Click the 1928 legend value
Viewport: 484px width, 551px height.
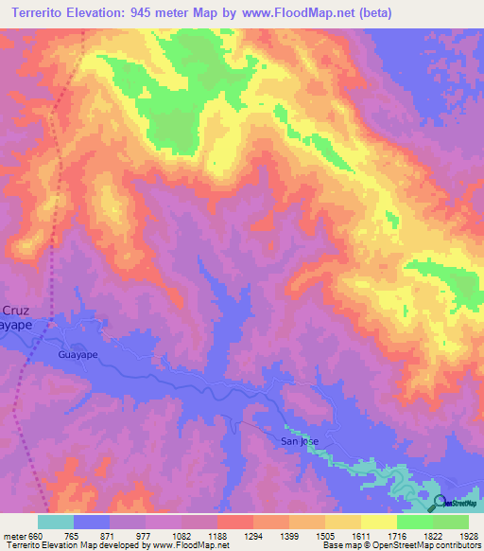click(469, 535)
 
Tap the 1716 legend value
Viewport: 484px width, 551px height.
click(396, 535)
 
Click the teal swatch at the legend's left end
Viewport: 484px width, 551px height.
click(55, 522)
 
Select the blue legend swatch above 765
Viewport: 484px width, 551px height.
click(91, 522)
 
